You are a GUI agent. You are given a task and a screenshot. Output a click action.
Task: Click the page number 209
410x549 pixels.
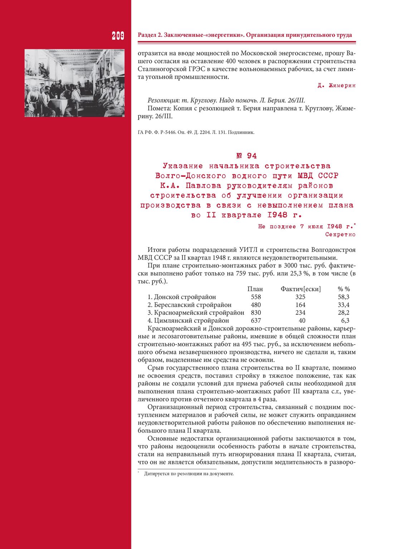coord(118,36)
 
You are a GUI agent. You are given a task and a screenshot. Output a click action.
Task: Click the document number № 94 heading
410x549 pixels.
coord(247,156)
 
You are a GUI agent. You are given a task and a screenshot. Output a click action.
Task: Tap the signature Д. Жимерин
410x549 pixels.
coord(336,86)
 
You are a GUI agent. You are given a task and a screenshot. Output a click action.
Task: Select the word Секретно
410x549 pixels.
coord(340,234)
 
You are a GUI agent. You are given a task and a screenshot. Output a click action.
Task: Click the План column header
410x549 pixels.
coord(255,289)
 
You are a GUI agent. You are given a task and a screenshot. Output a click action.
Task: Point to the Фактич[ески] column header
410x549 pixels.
coord(301,289)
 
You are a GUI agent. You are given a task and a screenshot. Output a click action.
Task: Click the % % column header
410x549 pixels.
coord(344,289)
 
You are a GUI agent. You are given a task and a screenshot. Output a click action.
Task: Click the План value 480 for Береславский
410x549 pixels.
coord(256,305)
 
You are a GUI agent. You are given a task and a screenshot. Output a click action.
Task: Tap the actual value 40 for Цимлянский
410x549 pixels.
coord(302,321)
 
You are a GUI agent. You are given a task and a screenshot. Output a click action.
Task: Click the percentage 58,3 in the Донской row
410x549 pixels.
coord(344,297)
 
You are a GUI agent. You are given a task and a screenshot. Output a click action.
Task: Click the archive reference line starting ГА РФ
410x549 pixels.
coord(196,132)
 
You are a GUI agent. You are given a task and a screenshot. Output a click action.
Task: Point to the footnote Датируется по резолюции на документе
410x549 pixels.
coord(189,474)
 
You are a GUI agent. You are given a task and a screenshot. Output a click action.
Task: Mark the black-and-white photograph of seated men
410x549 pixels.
coord(74,83)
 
